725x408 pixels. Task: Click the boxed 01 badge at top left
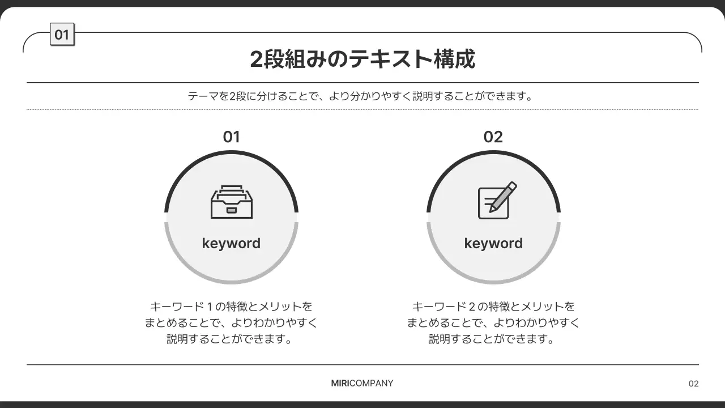62,35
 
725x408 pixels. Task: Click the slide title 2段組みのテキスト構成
362,59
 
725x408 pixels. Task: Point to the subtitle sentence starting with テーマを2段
361,96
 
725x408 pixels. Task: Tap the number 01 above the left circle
231,137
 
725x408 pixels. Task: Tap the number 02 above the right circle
493,137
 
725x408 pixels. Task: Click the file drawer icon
231,202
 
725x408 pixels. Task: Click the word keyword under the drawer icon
231,243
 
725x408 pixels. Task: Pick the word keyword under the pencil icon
493,243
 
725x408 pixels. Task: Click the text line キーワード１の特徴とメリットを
231,307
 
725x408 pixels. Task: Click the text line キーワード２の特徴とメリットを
493,307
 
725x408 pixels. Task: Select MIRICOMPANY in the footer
362,383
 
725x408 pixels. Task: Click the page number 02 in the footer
693,384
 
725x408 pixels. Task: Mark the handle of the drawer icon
231,210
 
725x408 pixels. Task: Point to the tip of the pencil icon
491,210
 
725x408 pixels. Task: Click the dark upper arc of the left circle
231,153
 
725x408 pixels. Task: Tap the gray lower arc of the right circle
493,281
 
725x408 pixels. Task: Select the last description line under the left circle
231,339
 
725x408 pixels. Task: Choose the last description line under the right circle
493,339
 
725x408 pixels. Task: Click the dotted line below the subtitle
362,109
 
